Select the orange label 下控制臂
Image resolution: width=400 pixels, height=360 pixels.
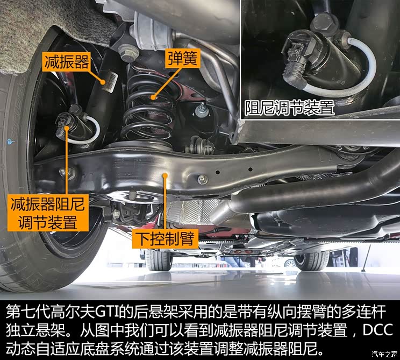click(165, 237)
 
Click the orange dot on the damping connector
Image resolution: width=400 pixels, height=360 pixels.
click(67, 128)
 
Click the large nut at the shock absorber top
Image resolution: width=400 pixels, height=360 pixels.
click(127, 53)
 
